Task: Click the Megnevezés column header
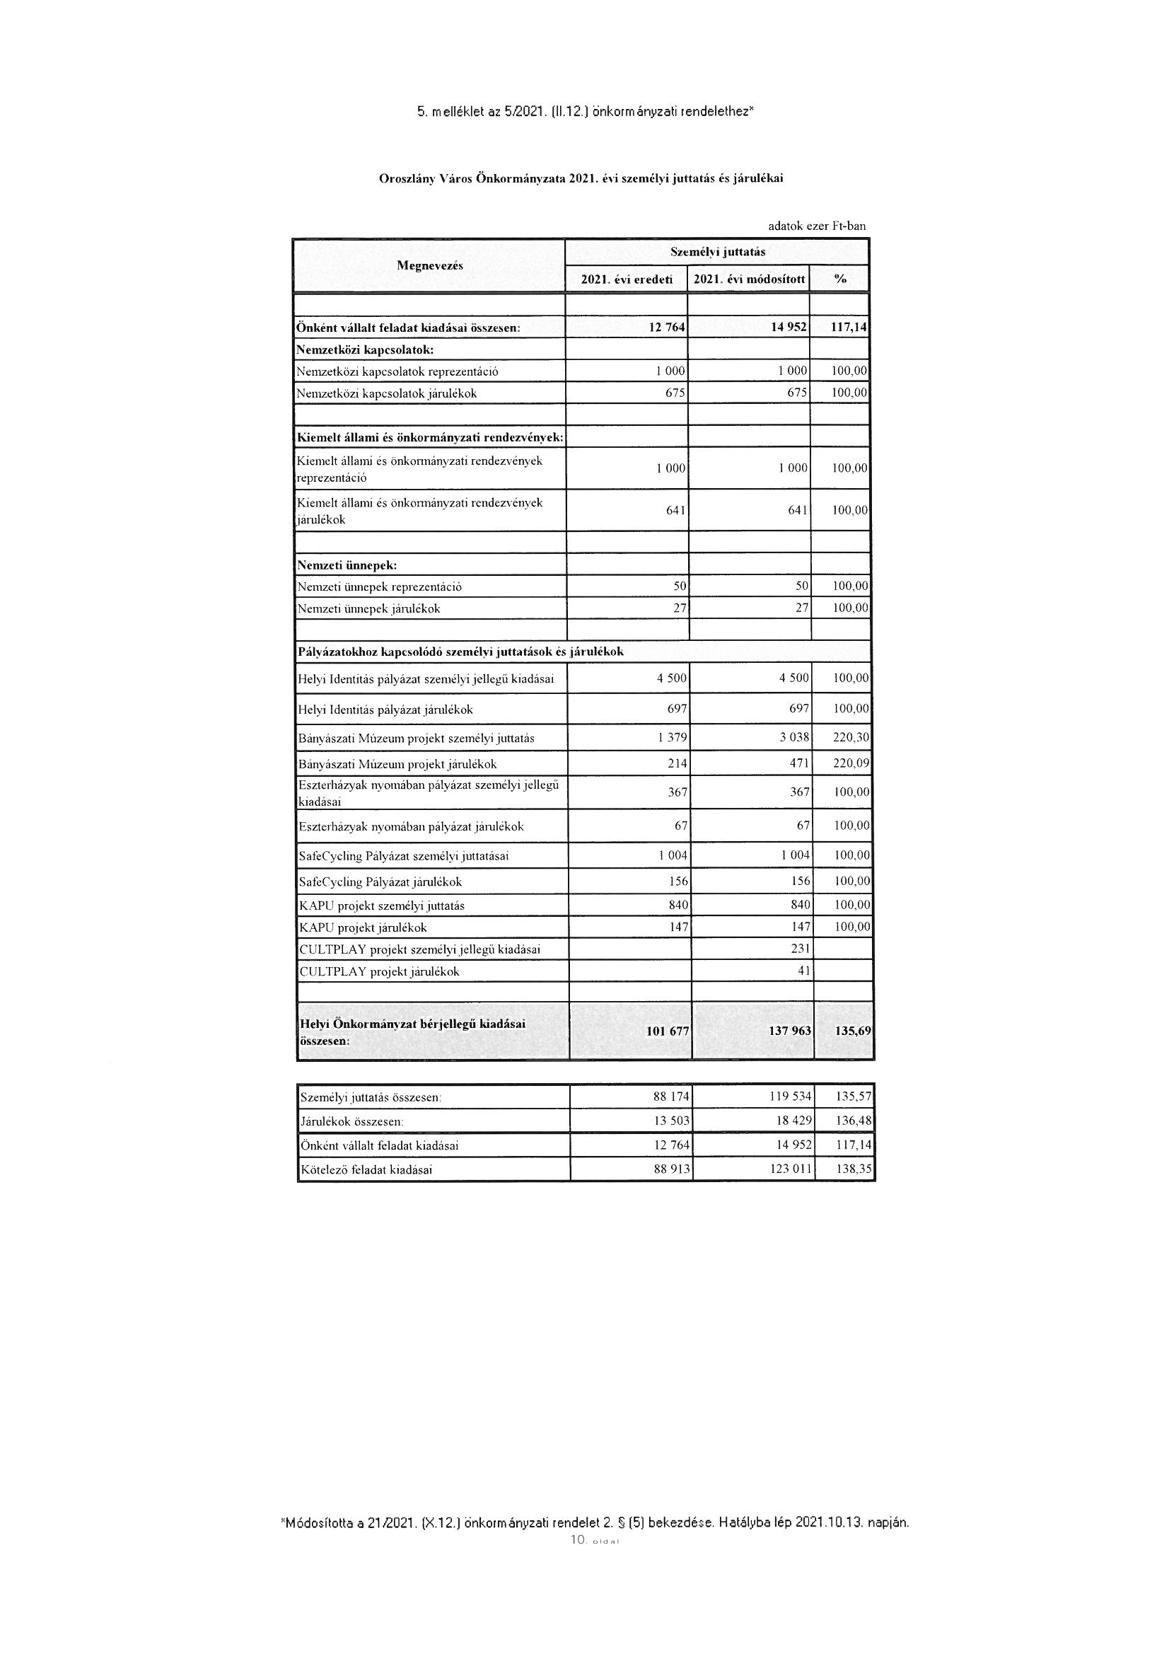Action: pos(429,265)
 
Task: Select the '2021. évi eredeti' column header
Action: pos(627,279)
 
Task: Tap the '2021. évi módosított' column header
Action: pos(749,279)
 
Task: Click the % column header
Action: pos(840,279)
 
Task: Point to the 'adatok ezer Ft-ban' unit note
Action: pos(817,226)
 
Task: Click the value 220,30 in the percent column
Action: pos(851,738)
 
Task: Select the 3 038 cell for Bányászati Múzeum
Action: pos(794,738)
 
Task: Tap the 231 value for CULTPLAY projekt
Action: pos(801,949)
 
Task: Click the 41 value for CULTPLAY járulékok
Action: pos(804,971)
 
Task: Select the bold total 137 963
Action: pos(790,1031)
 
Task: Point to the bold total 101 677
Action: pos(668,1031)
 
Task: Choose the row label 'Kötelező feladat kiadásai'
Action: pos(366,1170)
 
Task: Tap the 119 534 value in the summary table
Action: pos(791,1097)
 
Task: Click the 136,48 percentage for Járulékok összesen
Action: pos(854,1121)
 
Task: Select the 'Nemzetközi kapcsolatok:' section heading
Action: pos(364,349)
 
